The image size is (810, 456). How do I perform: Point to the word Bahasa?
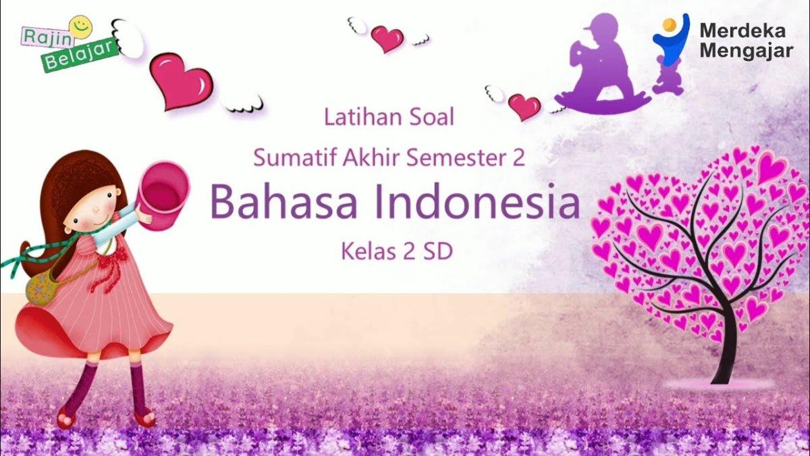coord(283,201)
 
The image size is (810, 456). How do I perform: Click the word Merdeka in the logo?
coord(742,31)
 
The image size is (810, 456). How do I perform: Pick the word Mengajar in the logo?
coord(747,51)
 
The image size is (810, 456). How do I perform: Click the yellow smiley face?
coord(80,26)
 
